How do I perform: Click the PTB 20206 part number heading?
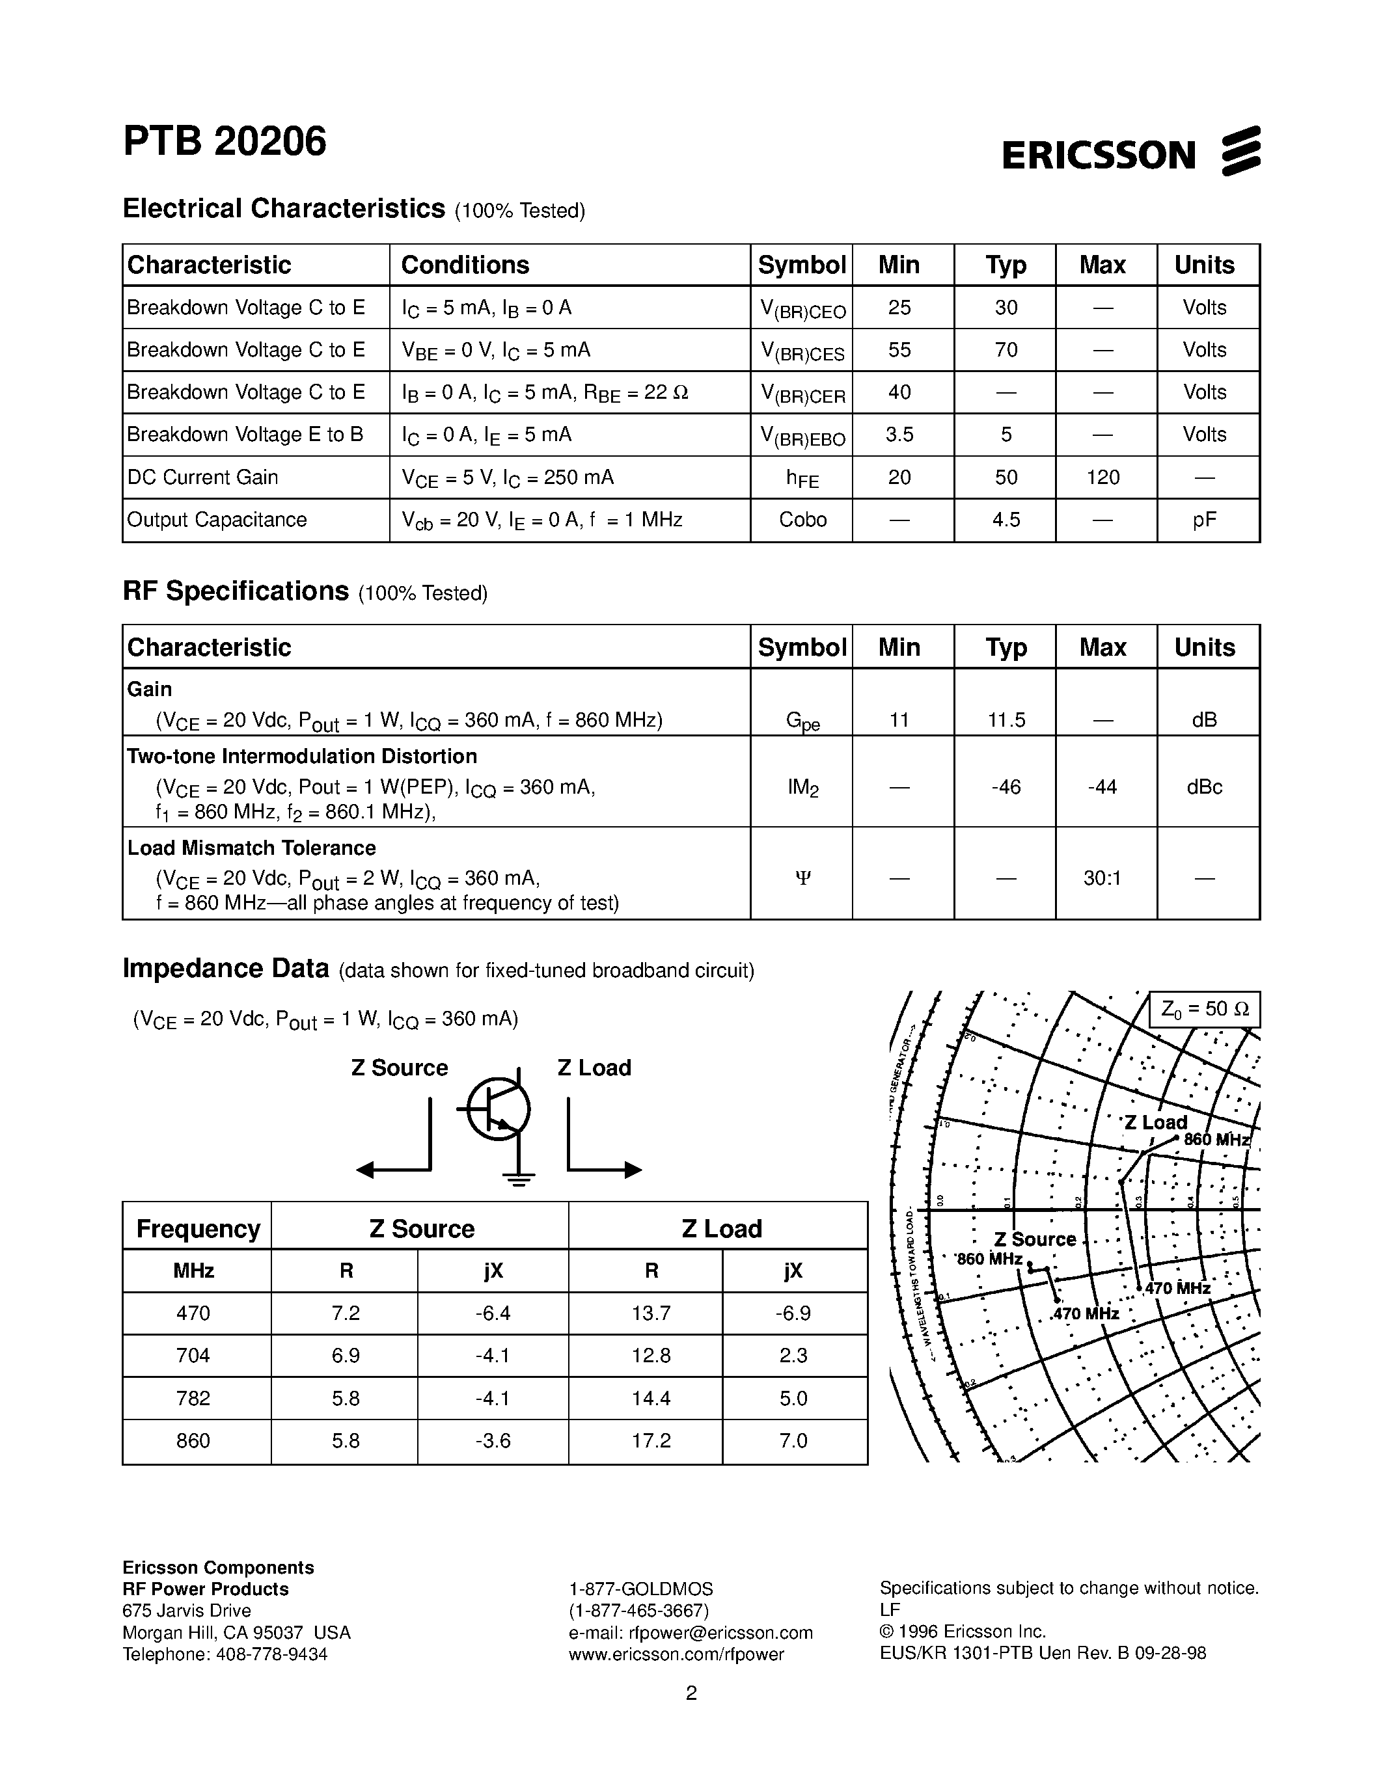point(225,142)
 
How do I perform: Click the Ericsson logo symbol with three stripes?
point(1241,151)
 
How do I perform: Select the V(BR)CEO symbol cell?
point(802,309)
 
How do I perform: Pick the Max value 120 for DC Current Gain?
point(1102,477)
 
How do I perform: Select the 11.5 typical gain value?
point(1006,720)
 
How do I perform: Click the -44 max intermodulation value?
point(1102,787)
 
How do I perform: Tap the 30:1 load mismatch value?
point(1102,878)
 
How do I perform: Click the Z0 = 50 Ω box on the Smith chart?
point(1203,1009)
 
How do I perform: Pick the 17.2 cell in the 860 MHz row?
point(651,1440)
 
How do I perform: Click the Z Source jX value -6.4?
point(493,1313)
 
